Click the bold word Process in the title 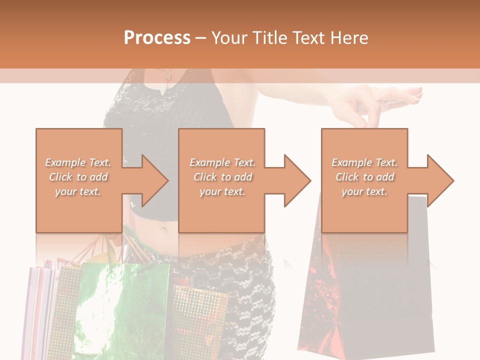157,38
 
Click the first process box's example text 78,177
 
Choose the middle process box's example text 222,177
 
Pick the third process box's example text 364,177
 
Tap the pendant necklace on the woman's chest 164,87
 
